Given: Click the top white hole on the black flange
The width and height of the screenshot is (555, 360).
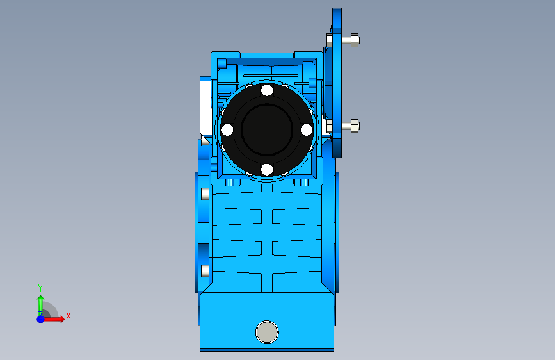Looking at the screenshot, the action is point(267,90).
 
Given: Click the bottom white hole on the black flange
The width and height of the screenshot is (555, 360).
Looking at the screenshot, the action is point(267,169).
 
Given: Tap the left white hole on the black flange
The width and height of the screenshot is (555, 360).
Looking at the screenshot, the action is point(227,130).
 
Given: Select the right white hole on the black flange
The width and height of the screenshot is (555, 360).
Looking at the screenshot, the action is point(307,130).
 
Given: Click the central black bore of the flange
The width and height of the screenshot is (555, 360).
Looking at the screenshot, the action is point(267,129).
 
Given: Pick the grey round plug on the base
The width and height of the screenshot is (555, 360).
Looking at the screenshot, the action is point(267,332).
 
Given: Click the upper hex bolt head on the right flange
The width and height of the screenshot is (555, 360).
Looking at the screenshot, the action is point(355,40).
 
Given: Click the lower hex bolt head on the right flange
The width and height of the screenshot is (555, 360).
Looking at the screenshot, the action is point(355,126).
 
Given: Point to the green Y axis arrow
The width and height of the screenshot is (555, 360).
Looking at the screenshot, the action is point(40,305).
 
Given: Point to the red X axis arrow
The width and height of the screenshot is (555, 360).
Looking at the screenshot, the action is point(53,319).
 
